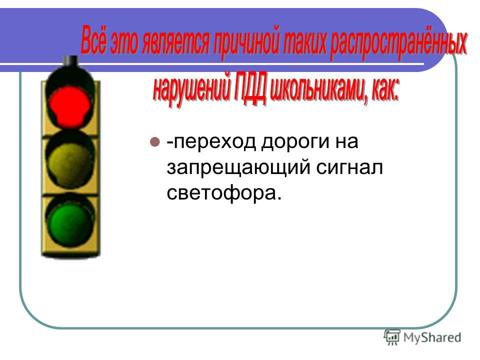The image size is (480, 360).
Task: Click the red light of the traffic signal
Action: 70,105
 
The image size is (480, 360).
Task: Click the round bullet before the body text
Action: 155,141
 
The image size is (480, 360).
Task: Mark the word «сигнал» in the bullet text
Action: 349,168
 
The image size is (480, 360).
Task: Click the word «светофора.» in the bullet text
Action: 224,194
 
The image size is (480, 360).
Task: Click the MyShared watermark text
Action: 432,337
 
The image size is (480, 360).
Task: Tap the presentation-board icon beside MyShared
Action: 392,337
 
